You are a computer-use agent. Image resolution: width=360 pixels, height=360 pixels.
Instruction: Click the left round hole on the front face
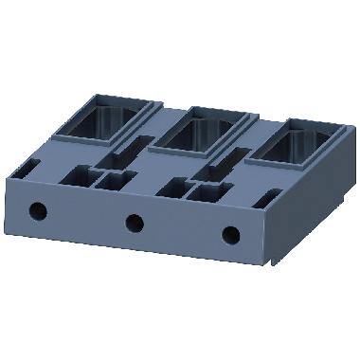click(x=39, y=209)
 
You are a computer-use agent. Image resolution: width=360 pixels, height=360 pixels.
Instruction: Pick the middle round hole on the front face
click(x=135, y=223)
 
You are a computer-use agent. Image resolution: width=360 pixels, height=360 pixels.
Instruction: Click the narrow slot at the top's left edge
click(x=28, y=168)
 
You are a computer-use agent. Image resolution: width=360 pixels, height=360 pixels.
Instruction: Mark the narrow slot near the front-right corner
click(x=269, y=197)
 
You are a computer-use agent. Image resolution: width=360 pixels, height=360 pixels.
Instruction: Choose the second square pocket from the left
click(x=115, y=181)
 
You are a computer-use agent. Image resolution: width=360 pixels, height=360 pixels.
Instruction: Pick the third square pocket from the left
click(x=172, y=187)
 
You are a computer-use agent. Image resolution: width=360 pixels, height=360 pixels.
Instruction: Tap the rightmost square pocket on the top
click(x=209, y=192)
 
